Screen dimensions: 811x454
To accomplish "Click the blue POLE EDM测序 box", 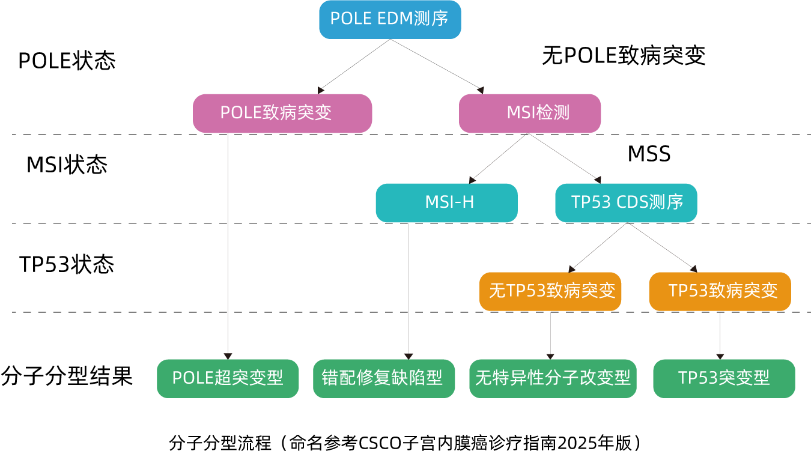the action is coord(390,20).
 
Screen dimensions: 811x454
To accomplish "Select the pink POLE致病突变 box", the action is coord(282,114).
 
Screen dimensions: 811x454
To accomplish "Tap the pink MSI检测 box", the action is coord(530,114).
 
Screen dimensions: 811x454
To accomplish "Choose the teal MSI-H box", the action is coord(447,203).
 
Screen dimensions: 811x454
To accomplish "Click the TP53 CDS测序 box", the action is coord(627,203).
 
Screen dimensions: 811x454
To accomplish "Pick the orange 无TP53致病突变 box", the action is coord(550,291).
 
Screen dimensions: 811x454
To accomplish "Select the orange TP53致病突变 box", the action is coord(720,291).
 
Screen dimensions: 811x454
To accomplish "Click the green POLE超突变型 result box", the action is coord(228,379).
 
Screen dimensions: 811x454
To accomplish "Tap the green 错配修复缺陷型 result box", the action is coord(384,379).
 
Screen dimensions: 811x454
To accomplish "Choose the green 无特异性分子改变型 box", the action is coord(553,379).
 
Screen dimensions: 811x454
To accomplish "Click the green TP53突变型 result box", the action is coord(724,379).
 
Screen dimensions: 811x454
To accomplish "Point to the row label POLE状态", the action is coord(67,61).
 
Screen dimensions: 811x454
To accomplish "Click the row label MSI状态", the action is coord(67,165).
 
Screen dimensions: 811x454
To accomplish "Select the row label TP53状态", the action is coord(67,264).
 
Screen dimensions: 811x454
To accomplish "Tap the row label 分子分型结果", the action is coord(67,376).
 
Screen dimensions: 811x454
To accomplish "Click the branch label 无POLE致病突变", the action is coord(624,56).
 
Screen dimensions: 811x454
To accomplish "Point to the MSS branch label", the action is coord(649,154).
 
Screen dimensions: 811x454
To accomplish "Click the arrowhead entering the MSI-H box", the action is coord(472,180).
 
